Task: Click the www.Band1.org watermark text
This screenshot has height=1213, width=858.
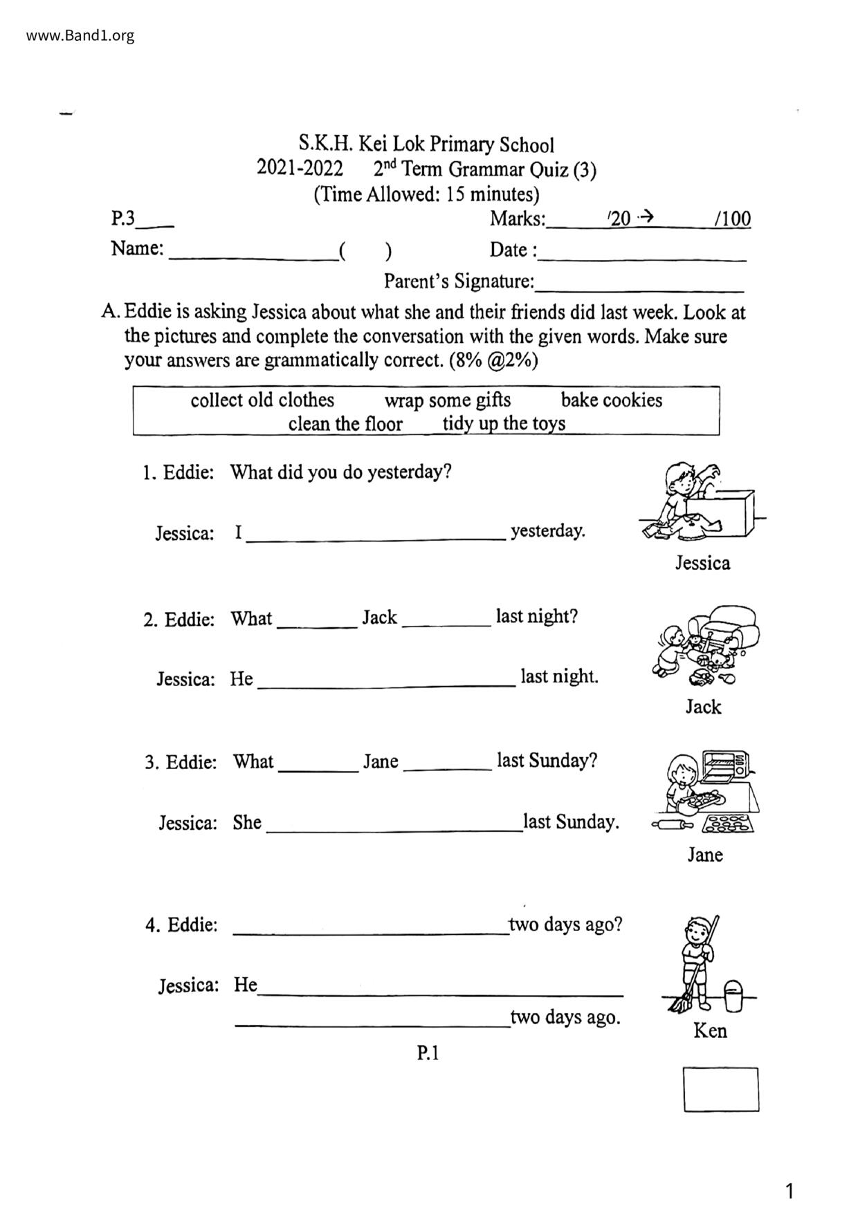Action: coord(80,35)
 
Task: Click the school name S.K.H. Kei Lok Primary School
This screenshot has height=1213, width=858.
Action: coord(426,145)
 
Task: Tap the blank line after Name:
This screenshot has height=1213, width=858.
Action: coord(253,257)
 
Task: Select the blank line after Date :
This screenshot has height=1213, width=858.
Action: coord(642,257)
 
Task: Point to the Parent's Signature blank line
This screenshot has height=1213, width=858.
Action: coord(639,289)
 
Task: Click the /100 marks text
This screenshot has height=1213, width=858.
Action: coord(732,219)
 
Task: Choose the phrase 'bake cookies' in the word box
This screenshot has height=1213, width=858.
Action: coord(611,400)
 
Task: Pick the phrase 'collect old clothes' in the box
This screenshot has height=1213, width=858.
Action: coord(262,400)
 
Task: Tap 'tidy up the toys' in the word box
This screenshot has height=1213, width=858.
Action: coord(504,423)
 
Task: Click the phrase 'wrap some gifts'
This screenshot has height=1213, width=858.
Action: coord(448,400)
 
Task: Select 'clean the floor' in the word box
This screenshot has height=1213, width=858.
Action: coord(345,423)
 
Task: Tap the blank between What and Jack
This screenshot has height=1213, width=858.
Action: coord(317,624)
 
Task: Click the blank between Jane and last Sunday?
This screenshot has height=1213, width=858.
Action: coord(447,767)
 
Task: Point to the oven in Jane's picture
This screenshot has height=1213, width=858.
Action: coord(726,766)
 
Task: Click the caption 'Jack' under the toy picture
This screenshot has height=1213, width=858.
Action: coord(703,707)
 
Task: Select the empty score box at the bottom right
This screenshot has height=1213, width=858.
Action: coord(721,1089)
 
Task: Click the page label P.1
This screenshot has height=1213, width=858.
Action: coord(428,1053)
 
